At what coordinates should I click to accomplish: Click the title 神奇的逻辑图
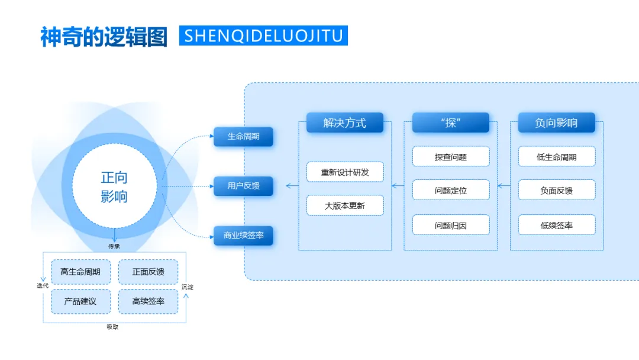click(104, 36)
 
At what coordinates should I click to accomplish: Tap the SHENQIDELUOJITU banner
click(263, 36)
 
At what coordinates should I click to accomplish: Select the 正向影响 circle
click(114, 187)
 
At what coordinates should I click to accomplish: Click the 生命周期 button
click(243, 137)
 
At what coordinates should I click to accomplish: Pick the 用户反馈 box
click(243, 186)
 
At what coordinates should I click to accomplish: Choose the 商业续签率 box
click(243, 236)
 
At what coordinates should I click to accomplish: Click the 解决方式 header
click(345, 123)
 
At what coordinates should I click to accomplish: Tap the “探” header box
click(451, 123)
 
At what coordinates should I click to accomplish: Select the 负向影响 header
click(556, 123)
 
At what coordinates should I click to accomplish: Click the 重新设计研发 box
click(345, 172)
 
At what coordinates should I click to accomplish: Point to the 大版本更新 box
click(345, 205)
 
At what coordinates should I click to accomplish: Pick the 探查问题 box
click(451, 156)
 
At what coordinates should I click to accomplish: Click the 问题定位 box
click(451, 190)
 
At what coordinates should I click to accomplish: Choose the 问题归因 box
click(451, 225)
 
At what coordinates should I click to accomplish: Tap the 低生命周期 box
click(557, 156)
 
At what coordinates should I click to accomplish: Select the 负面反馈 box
click(557, 190)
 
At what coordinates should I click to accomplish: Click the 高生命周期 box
click(80, 272)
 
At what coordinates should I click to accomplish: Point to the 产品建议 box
click(80, 301)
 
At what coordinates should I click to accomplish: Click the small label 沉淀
click(187, 287)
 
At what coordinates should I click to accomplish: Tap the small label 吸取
click(112, 327)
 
